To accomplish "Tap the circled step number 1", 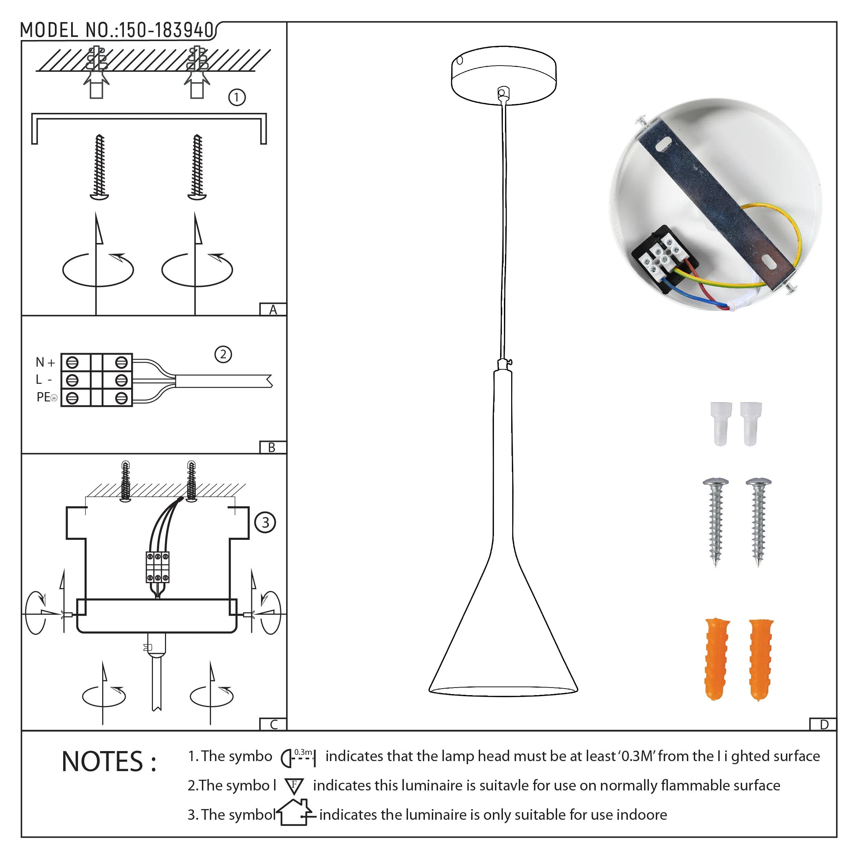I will click(236, 97).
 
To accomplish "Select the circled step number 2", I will click(223, 354).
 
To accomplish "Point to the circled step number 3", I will click(265, 522).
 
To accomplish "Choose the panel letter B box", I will click(272, 447).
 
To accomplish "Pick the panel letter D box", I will click(824, 725).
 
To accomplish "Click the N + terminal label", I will click(45, 362).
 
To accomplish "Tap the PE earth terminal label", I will click(46, 397).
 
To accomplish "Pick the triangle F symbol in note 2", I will click(294, 786).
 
